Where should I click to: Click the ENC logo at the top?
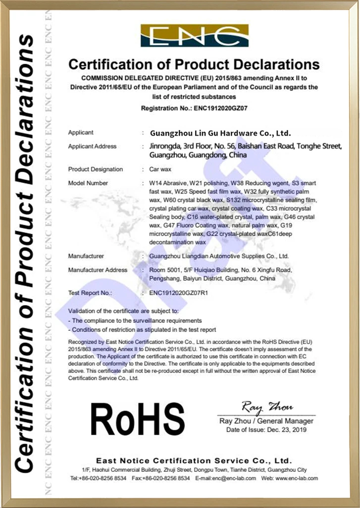click(x=194, y=36)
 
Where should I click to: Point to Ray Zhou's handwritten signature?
click(x=267, y=407)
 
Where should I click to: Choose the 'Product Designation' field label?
click(x=96, y=169)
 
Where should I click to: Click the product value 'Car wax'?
click(x=160, y=169)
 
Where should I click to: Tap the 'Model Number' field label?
click(x=88, y=183)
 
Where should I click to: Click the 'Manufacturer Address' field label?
click(x=98, y=270)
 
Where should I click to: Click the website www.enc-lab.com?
click(x=296, y=478)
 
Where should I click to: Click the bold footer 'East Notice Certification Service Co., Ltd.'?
click(x=194, y=460)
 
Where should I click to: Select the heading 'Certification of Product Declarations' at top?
click(x=194, y=64)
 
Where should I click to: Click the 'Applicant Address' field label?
click(x=93, y=147)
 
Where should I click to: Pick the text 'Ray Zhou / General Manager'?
click(x=266, y=421)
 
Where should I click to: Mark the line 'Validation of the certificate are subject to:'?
click(x=123, y=311)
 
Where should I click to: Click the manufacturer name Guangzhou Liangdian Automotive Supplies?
click(x=219, y=256)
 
